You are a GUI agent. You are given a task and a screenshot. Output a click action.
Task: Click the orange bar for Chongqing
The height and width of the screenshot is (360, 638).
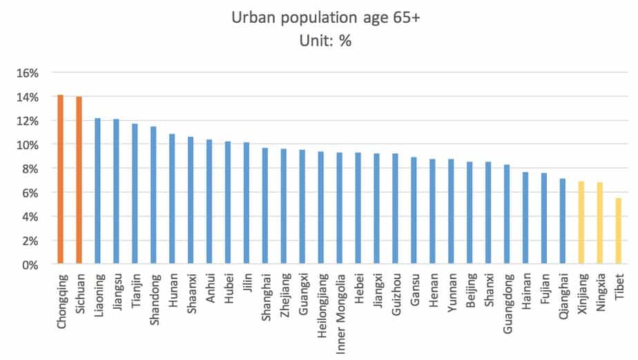[x=60, y=180]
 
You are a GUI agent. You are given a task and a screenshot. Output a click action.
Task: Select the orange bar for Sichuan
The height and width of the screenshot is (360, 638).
[x=79, y=181]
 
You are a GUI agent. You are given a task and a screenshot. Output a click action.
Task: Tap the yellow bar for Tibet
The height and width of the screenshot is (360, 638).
[x=619, y=231]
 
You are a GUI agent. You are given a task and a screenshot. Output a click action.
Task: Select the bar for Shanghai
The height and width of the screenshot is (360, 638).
[x=265, y=206]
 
